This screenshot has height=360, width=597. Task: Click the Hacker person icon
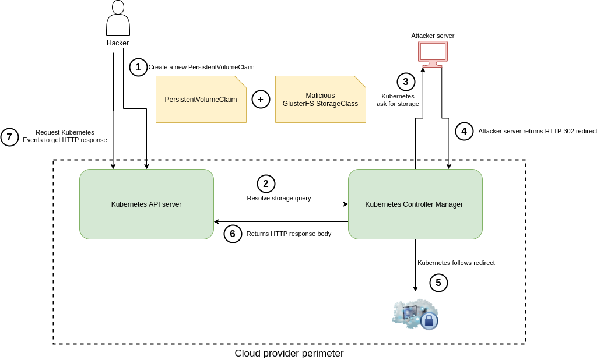click(x=118, y=19)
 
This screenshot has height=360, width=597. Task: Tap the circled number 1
click(x=138, y=67)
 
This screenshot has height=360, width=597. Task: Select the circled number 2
click(x=266, y=183)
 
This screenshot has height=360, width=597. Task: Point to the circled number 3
click(x=406, y=82)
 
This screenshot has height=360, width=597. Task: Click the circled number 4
click(x=464, y=131)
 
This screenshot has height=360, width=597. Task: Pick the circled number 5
click(x=438, y=283)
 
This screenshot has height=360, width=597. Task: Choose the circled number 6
click(x=233, y=234)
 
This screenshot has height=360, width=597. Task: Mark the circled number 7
click(x=9, y=137)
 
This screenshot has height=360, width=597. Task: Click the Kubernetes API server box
click(x=146, y=204)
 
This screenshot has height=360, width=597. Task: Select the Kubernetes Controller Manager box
click(x=415, y=204)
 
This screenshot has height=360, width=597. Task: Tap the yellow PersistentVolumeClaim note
click(x=201, y=100)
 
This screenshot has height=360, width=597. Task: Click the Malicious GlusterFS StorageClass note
click(x=320, y=100)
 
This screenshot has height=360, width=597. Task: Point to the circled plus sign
click(x=261, y=100)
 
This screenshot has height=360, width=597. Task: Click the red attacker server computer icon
click(x=433, y=53)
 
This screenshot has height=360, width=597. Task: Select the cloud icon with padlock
click(x=415, y=315)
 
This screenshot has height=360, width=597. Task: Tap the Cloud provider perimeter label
click(x=289, y=353)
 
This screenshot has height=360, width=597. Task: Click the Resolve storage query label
click(x=279, y=198)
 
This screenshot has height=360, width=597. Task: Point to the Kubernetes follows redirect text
click(x=456, y=263)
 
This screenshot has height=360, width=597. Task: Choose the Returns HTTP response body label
click(x=289, y=234)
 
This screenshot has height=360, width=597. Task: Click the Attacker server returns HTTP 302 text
click(x=537, y=131)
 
